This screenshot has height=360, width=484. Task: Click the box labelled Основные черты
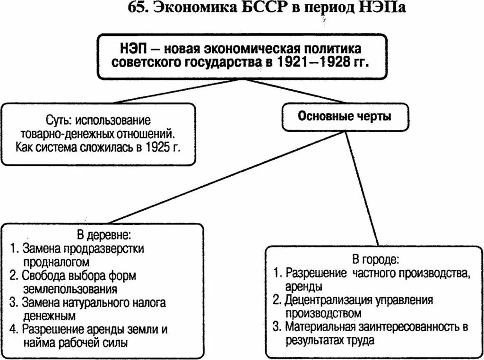(345, 116)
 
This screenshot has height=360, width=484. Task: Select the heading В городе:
(375, 259)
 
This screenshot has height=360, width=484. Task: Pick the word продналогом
(55, 261)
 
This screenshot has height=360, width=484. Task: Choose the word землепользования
(69, 289)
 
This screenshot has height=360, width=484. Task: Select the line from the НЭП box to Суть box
(170, 90)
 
